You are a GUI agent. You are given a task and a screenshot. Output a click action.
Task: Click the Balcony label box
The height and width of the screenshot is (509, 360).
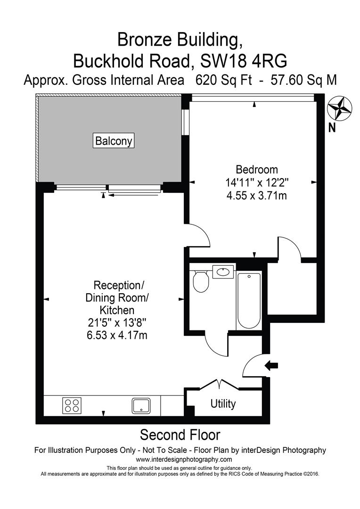(114, 140)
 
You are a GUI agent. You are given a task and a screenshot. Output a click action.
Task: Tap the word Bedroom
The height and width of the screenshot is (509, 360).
(257, 170)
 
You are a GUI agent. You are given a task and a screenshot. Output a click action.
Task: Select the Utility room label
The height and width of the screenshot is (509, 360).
(223, 404)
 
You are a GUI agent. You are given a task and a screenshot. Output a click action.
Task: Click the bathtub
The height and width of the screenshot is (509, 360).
(248, 300)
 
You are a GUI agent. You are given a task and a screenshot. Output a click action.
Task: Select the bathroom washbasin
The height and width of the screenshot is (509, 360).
(223, 272)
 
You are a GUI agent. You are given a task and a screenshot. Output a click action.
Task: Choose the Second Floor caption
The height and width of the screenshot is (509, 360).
(180, 434)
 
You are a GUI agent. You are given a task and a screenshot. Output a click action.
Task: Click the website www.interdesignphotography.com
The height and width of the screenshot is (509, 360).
(184, 460)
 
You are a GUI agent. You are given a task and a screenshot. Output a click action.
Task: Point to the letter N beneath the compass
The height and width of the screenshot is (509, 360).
(332, 127)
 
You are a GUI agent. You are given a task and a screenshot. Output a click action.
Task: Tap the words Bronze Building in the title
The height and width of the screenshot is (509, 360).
(180, 40)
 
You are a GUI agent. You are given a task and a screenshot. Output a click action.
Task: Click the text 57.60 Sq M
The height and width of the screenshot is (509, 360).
(304, 80)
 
